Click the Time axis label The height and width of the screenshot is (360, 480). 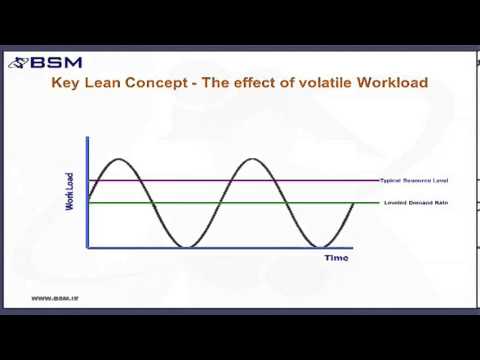click(336, 258)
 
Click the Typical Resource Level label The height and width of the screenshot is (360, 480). click(414, 180)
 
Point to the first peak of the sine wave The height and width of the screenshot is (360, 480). click(119, 158)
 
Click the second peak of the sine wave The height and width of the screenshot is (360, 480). click(251, 158)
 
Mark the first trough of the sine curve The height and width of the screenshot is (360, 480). click(184, 246)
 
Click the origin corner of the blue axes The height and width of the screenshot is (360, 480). click(88, 248)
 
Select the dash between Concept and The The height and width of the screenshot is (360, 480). click(195, 83)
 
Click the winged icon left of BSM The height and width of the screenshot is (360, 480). click(20, 63)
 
